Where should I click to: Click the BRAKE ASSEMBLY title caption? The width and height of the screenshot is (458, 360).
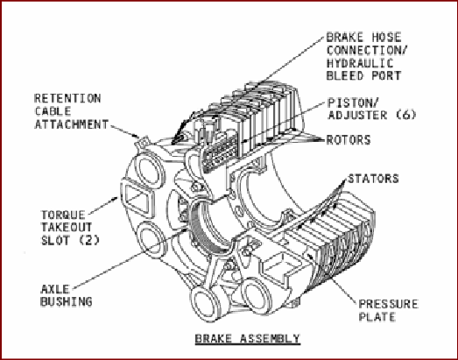pyautogui.click(x=248, y=338)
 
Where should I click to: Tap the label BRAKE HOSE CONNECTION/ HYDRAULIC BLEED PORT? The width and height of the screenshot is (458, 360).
pyautogui.click(x=366, y=56)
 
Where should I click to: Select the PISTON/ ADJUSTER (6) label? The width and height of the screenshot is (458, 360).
pyautogui.click(x=371, y=109)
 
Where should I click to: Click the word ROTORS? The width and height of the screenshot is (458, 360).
pyautogui.click(x=349, y=140)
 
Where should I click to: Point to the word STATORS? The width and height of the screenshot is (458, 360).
pyautogui.click(x=373, y=179)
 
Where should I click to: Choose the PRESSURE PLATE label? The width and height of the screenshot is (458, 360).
pyautogui.click(x=388, y=310)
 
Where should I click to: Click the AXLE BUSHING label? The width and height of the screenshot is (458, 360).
pyautogui.click(x=67, y=295)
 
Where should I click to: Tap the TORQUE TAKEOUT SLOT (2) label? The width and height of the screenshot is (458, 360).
pyautogui.click(x=70, y=228)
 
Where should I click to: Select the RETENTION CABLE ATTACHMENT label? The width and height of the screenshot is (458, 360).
pyautogui.click(x=71, y=111)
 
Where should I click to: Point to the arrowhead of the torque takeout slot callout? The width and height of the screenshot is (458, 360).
pyautogui.click(x=115, y=199)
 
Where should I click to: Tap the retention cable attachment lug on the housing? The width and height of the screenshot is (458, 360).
pyautogui.click(x=143, y=142)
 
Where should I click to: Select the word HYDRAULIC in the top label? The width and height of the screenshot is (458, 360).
pyautogui.click(x=360, y=63)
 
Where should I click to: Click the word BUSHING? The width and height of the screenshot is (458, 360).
pyautogui.click(x=67, y=301)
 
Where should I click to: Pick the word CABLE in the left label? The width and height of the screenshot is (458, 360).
pyautogui.click(x=53, y=111)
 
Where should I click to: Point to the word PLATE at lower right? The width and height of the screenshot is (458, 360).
pyautogui.click(x=377, y=317)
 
